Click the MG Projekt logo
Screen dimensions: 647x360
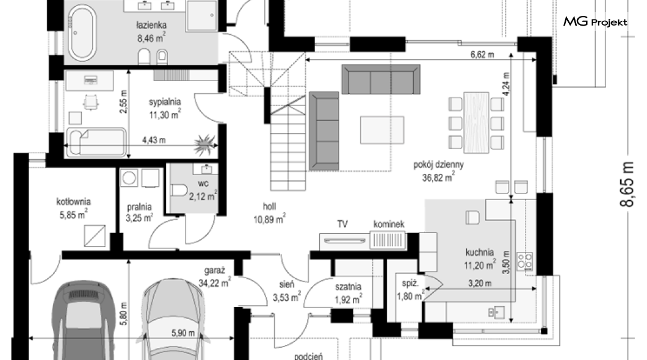click(595, 22)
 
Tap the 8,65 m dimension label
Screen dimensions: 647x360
click(627, 184)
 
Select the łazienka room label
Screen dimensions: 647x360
click(151, 26)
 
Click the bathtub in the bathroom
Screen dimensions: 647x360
click(82, 32)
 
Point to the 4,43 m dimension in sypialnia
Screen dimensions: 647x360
click(154, 140)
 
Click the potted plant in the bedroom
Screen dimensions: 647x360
click(204, 145)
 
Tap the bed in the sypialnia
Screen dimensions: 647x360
click(96, 143)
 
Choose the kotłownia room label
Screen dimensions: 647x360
click(73, 201)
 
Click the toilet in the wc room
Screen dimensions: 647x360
click(179, 191)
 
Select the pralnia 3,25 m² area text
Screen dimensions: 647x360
click(140, 218)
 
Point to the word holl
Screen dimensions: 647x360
click(269, 206)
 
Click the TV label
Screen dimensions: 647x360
click(342, 224)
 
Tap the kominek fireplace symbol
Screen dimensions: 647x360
click(388, 240)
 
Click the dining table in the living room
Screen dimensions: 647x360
click(476, 123)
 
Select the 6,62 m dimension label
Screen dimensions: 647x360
click(482, 54)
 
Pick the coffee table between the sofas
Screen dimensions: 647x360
click(382, 131)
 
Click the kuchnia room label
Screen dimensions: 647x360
click(480, 252)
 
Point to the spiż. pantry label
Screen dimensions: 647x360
click(410, 283)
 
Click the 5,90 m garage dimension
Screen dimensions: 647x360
click(183, 333)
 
